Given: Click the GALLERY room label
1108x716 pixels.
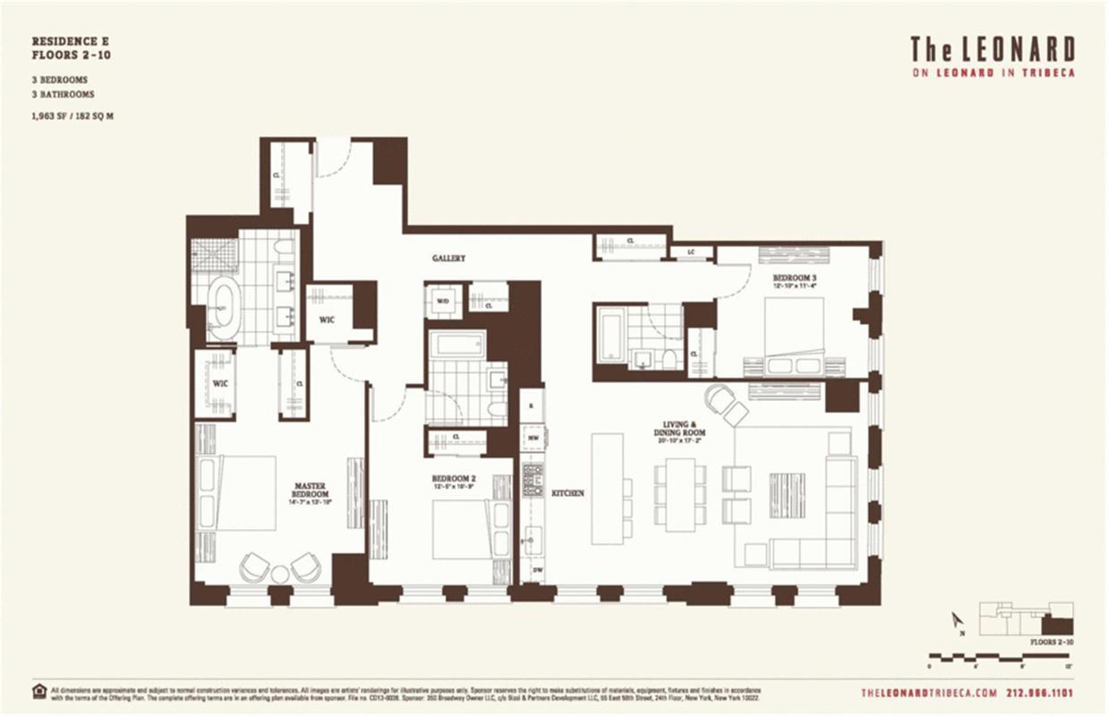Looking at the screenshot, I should (448, 258).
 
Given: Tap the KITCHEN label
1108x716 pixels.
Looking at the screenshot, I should (567, 493).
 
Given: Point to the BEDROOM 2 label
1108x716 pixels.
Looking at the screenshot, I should (453, 481).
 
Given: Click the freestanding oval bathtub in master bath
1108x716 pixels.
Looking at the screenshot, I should (223, 307).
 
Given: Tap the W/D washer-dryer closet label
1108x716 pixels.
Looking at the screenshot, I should (442, 302).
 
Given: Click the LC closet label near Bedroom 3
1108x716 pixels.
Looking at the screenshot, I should (691, 252).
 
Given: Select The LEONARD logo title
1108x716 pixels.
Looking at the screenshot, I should (992, 49).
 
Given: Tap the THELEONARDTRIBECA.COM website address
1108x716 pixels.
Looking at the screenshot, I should (928, 692).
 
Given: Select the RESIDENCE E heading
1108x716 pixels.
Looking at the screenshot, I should (70, 42).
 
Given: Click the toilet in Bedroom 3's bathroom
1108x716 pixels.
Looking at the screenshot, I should (668, 359).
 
